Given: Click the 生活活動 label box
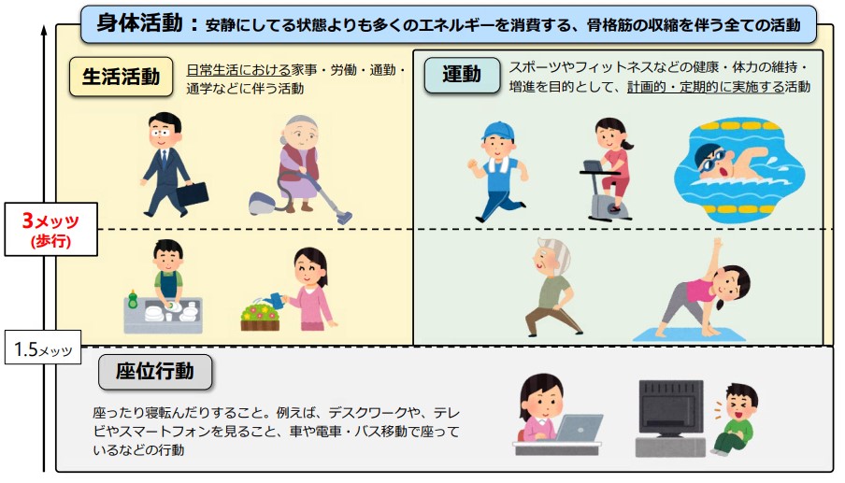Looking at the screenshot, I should point(121,78).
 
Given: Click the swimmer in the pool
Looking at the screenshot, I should point(738,163).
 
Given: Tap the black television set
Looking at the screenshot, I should point(669,411).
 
